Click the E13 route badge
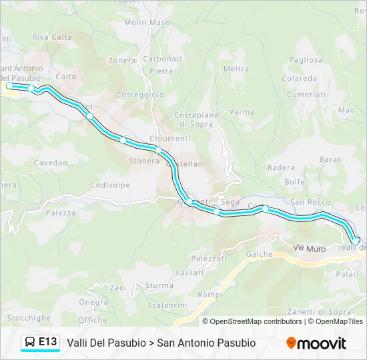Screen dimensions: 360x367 tap(47, 342)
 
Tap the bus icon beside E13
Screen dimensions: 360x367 tap(31, 343)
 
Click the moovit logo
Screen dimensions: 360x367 tap(316, 343)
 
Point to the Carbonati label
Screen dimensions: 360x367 tap(162, 59)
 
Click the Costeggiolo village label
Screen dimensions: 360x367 tap(140, 95)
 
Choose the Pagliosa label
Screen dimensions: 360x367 tap(306, 59)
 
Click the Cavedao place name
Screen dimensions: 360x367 tap(51, 163)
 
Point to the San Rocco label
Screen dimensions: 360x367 tap(310, 202)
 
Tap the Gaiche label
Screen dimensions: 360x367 tap(259, 254)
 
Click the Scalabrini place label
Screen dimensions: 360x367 tap(167, 305)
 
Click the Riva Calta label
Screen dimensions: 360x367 tap(52, 37)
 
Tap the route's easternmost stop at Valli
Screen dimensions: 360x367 tap(356, 241)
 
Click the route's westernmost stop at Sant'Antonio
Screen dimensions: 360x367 tap(9, 85)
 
